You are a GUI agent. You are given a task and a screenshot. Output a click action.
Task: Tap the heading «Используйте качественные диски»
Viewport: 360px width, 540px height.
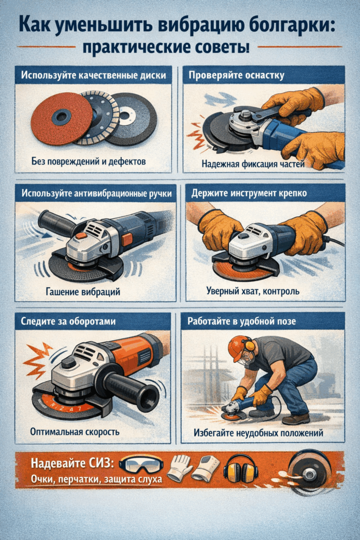tap(93, 75)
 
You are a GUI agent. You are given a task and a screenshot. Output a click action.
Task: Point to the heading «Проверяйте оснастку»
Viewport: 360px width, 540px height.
tap(236, 75)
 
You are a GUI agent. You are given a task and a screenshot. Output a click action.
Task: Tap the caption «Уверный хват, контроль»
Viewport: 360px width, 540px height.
tap(252, 291)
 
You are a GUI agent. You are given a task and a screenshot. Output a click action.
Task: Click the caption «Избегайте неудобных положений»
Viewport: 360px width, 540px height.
tap(262, 432)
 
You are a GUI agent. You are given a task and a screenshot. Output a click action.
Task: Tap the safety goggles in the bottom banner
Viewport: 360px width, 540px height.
tap(141, 465)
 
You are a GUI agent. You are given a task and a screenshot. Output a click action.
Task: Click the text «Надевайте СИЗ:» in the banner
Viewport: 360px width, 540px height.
tap(70, 464)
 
